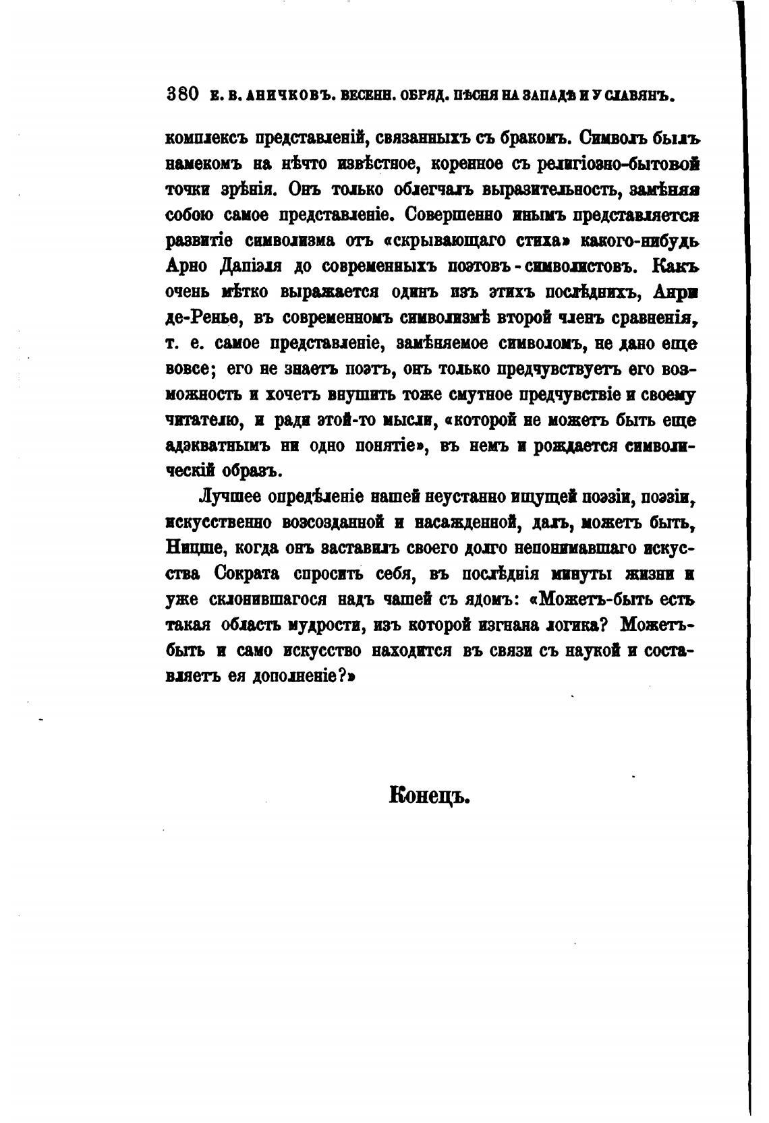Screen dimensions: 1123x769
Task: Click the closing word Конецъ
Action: pos(429,796)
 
